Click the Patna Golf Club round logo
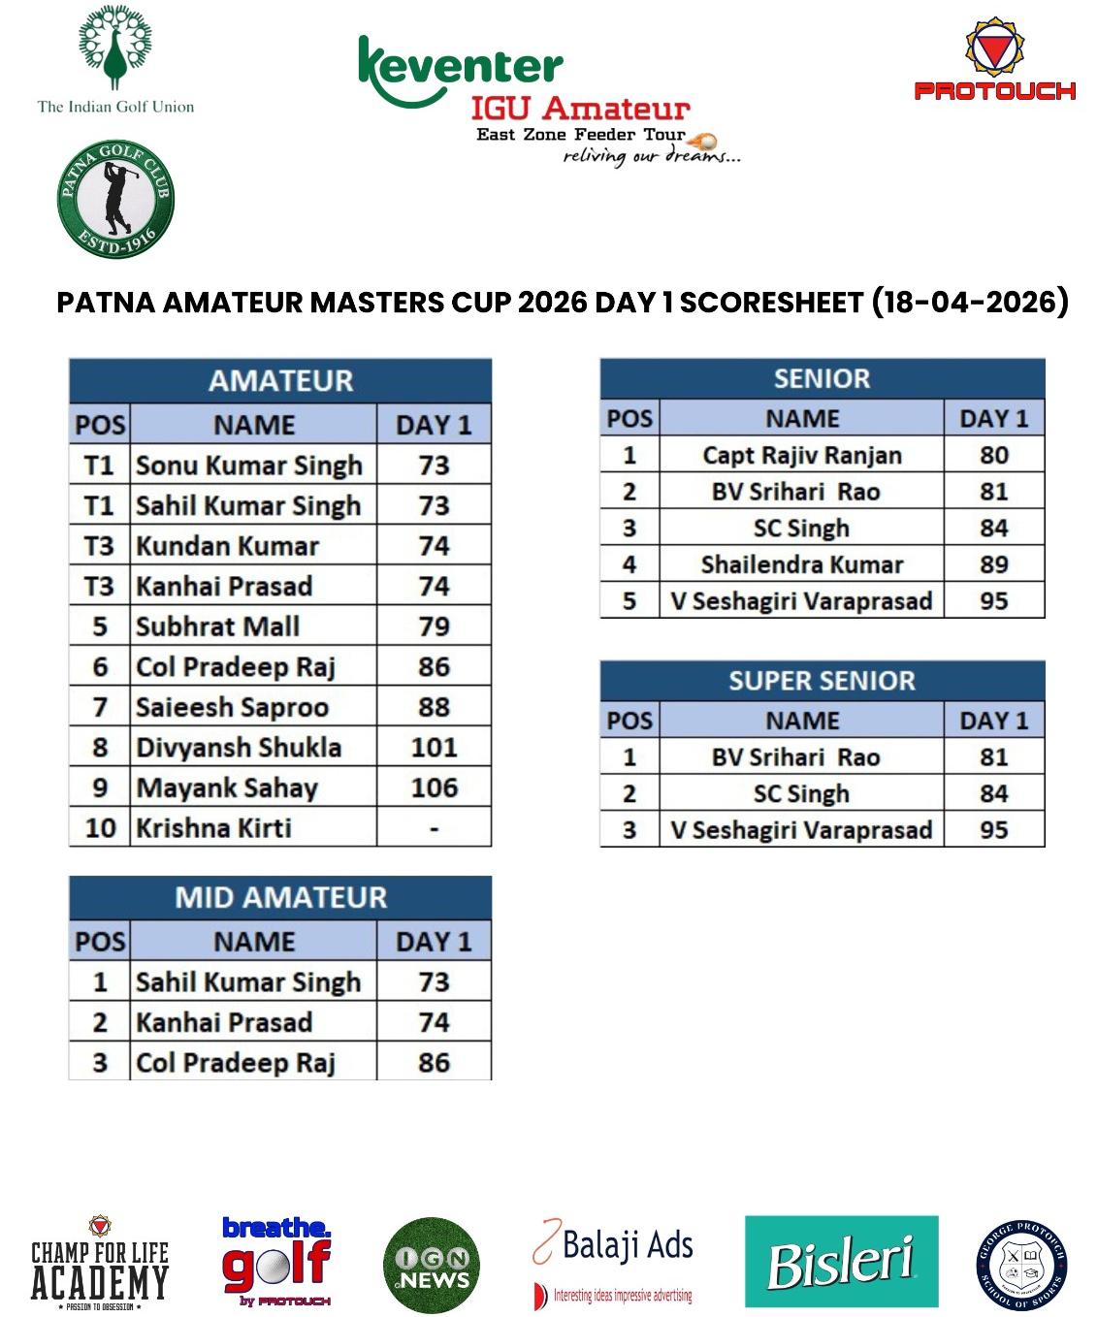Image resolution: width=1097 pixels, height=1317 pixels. (115, 200)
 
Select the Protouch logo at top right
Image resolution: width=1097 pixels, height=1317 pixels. (995, 61)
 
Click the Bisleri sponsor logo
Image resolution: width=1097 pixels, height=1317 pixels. (841, 1261)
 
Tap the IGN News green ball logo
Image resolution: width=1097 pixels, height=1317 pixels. (432, 1265)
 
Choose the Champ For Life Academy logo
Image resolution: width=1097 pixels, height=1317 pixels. (99, 1264)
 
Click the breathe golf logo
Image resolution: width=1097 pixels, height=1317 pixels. (276, 1261)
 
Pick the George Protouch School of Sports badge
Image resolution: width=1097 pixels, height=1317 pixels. (1020, 1266)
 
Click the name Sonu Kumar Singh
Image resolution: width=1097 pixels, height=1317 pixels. (249, 466)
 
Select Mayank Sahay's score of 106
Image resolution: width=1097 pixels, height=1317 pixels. (434, 787)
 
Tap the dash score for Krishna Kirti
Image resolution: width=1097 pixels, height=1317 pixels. (434, 828)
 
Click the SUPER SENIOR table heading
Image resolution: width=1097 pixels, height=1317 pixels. (822, 681)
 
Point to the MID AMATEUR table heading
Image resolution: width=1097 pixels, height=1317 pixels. (280, 897)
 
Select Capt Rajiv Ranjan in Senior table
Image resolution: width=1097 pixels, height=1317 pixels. (802, 455)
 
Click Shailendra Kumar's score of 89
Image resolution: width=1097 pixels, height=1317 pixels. (993, 564)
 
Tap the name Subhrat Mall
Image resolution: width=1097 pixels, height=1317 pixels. (217, 626)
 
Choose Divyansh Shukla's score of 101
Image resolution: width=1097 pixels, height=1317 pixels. (434, 748)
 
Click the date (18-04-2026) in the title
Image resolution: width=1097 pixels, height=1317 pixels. (970, 302)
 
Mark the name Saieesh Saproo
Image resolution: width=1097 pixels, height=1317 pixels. (232, 707)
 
